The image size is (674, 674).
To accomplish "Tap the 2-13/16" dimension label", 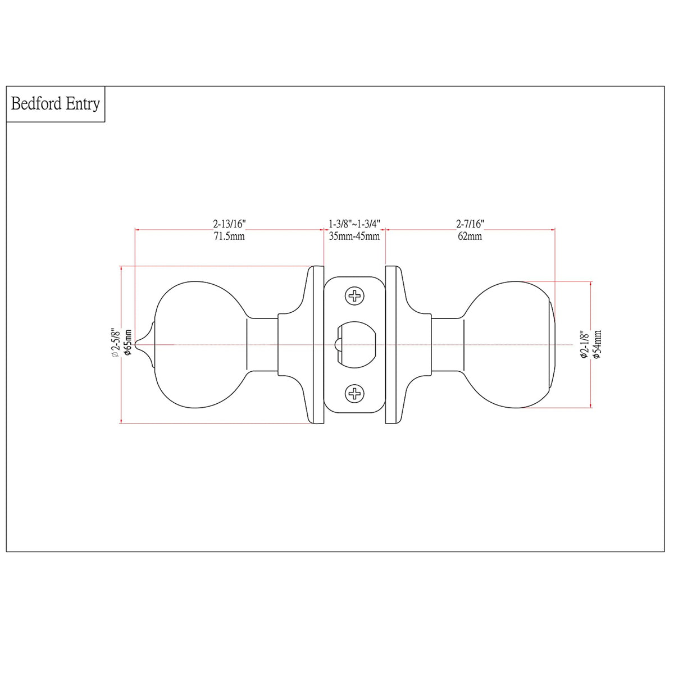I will pyautogui.click(x=229, y=224).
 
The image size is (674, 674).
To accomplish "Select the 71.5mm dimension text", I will pyautogui.click(x=229, y=236).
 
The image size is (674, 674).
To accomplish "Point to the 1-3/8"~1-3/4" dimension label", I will pyautogui.click(x=354, y=224).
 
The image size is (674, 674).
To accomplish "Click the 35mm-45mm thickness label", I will pyautogui.click(x=354, y=236).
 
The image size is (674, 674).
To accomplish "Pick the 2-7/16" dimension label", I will pyautogui.click(x=470, y=224).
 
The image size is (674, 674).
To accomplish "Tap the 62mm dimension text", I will pyautogui.click(x=470, y=236).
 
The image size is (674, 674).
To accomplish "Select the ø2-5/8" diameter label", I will pyautogui.click(x=115, y=343).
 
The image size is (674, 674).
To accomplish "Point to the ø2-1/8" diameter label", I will pyautogui.click(x=584, y=344).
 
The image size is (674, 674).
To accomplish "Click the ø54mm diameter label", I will pyautogui.click(x=596, y=344).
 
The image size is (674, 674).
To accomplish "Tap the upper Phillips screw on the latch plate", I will pyautogui.click(x=354, y=295).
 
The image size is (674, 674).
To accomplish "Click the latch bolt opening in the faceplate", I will pyautogui.click(x=357, y=344).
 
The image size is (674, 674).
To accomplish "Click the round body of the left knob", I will pyautogui.click(x=197, y=344).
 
